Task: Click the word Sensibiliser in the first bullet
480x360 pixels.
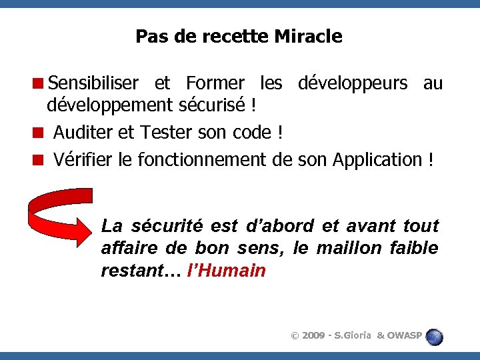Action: point(93,83)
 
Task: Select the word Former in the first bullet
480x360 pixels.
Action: point(215,83)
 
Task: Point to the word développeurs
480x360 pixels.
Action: point(353,83)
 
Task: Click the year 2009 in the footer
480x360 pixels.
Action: point(314,335)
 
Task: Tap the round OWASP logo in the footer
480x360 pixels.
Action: point(434,336)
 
